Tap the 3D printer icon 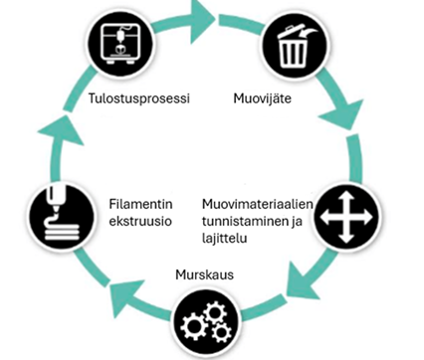[x=121, y=44]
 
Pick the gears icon [x=207, y=324]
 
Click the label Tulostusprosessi [x=139, y=98]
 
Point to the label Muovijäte [x=263, y=98]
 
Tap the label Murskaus [x=205, y=274]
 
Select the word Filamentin [x=141, y=204]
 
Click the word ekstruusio [x=140, y=221]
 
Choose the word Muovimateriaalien [x=258, y=204]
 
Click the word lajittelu [x=225, y=239]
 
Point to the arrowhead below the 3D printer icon [x=62, y=131]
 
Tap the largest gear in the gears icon [x=194, y=326]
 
